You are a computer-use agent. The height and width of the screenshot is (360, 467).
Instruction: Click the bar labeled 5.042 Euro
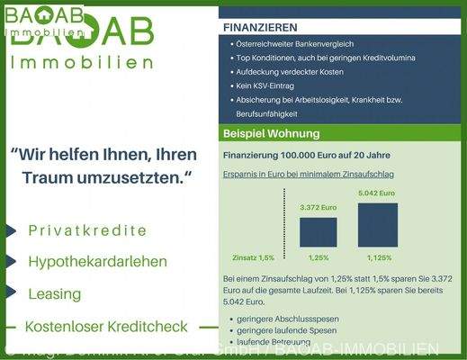pos(377,224)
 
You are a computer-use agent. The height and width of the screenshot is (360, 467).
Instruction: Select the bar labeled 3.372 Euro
pos(319,231)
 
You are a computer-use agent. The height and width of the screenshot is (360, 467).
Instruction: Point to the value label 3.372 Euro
pos(319,208)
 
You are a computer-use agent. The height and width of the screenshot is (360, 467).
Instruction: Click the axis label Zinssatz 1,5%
pos(253,257)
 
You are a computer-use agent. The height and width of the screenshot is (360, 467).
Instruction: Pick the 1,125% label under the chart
pos(377,257)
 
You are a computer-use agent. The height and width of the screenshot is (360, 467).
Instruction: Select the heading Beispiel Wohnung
pos(271,134)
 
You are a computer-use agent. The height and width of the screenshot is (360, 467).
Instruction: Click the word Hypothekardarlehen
pos(98,262)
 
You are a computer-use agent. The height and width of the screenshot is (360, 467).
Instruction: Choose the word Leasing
pos(55,293)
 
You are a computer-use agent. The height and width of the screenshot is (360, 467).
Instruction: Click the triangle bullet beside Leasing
pos(10,293)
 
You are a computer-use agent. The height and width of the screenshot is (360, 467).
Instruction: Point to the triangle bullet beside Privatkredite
pos(10,230)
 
